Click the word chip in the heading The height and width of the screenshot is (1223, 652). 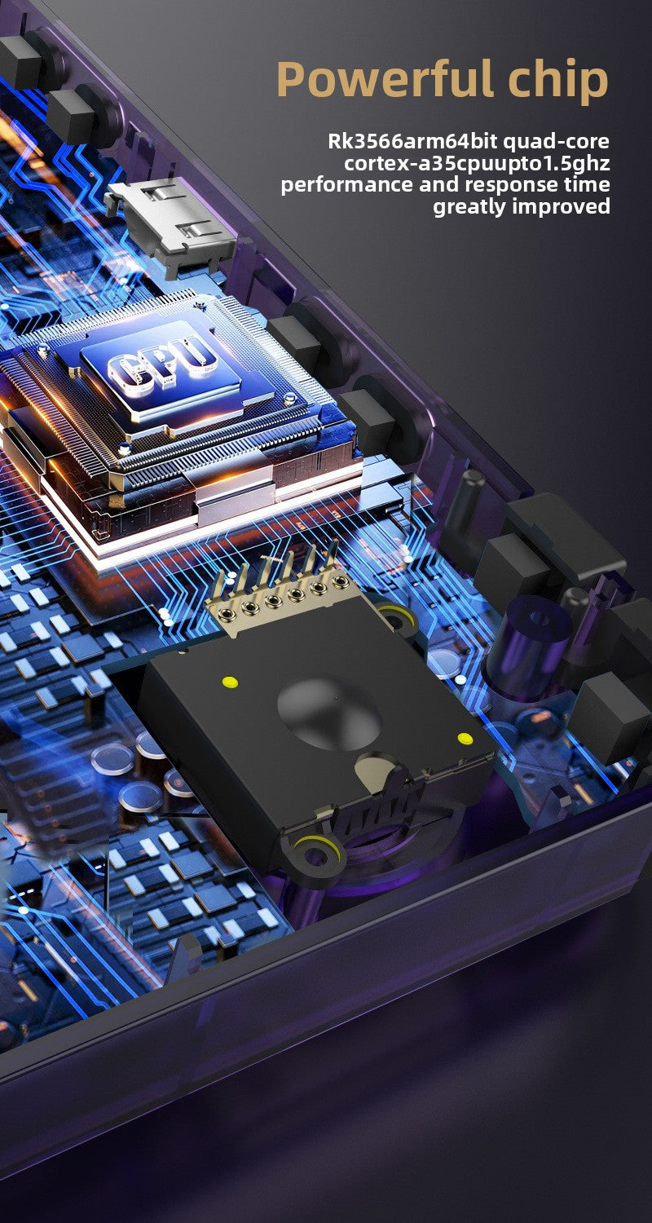559,81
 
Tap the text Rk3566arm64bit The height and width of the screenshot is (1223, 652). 412,141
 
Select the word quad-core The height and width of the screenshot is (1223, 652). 556,142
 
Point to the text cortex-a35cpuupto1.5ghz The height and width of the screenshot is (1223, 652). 477,163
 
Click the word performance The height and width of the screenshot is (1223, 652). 347,185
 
